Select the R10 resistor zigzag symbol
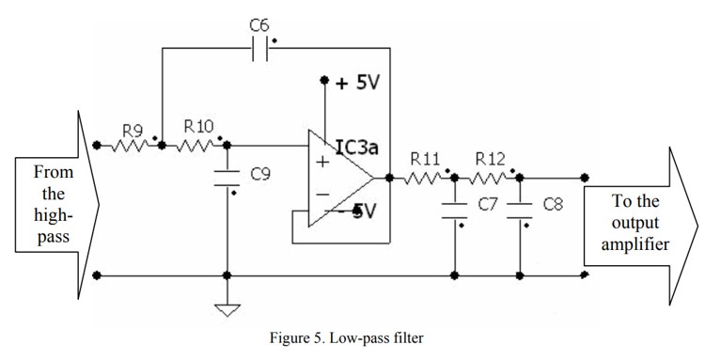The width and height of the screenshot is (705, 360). [196, 145]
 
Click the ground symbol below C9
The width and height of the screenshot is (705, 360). [227, 310]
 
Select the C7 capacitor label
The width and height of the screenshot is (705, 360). [486, 203]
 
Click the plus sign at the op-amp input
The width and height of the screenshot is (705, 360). [322, 162]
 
